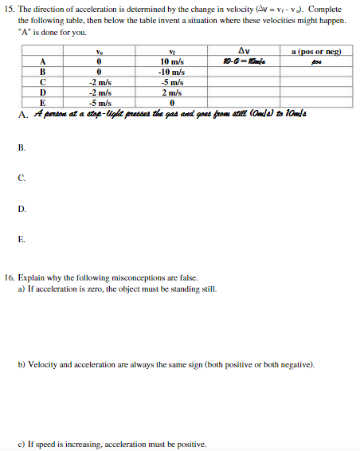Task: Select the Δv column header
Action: point(244,52)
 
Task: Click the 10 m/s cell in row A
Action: point(172,61)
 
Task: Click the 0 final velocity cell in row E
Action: point(172,102)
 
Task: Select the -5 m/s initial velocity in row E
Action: point(99,102)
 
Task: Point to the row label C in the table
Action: point(41,81)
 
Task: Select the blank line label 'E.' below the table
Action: point(22,238)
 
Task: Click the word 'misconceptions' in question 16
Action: point(137,279)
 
